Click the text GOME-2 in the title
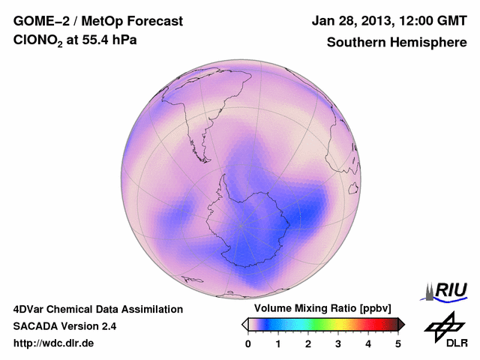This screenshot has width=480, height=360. (x=40, y=21)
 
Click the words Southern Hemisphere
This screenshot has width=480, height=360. (x=396, y=43)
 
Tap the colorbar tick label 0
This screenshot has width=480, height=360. (x=248, y=343)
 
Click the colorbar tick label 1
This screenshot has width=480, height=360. (x=278, y=343)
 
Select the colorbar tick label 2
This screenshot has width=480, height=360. (x=308, y=343)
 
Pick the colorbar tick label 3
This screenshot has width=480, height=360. (x=338, y=343)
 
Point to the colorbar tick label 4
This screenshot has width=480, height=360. (x=368, y=343)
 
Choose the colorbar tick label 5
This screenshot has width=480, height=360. (x=398, y=343)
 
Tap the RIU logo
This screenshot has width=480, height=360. (x=447, y=289)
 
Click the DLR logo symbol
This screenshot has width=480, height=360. (x=443, y=326)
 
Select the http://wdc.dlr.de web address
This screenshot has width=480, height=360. (x=54, y=343)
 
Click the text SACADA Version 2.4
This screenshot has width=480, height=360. (x=65, y=326)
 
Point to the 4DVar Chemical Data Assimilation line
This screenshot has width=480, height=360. (x=97, y=309)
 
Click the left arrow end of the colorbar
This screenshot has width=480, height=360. (x=244, y=324)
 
